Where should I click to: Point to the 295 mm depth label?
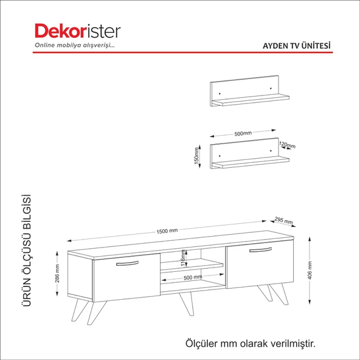click(x=284, y=221)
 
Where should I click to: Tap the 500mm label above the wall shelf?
click(x=242, y=132)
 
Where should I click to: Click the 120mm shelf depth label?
click(x=287, y=145)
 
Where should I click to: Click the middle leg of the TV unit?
click(x=184, y=303)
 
